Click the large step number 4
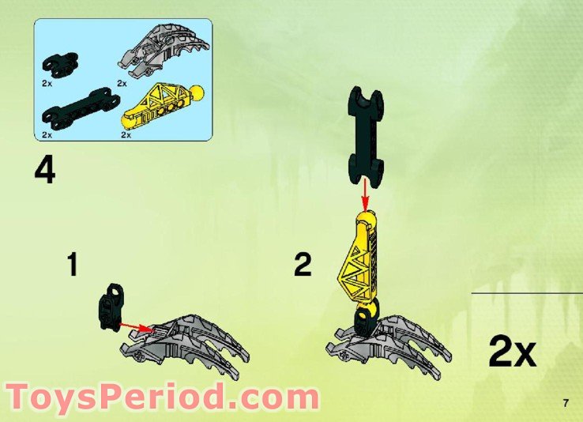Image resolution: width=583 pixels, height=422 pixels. coord(45,171)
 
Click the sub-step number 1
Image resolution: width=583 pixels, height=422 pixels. coord(72,265)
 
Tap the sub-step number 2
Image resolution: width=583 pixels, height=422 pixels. coord(303,265)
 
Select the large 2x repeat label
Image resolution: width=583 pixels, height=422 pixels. coord(512,352)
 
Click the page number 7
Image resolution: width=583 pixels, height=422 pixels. coord(566,404)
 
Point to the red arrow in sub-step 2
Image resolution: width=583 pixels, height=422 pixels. coord(364,190)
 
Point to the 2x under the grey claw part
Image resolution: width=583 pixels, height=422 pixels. coord(122,82)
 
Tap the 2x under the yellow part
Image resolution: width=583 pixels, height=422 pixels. coord(127,135)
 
